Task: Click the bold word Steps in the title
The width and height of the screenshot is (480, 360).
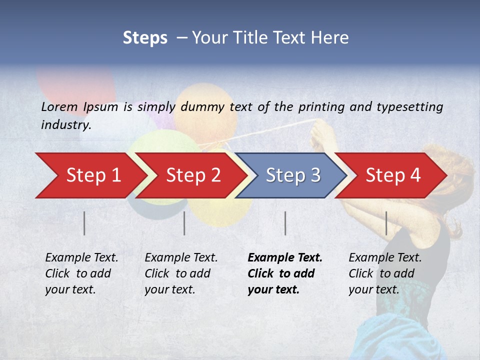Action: (x=145, y=38)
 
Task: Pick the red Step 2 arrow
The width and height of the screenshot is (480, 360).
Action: (x=193, y=175)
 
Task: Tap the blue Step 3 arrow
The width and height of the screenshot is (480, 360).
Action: (x=293, y=175)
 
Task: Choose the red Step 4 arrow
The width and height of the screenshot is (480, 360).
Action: (x=393, y=175)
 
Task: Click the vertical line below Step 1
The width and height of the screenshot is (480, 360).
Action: (x=84, y=223)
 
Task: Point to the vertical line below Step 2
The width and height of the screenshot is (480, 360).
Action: (x=184, y=223)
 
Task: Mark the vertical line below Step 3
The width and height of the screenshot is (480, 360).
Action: (x=285, y=223)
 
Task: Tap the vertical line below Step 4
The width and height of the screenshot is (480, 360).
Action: (x=386, y=223)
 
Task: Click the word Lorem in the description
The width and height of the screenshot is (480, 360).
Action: (x=59, y=106)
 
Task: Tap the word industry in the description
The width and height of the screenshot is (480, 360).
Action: (x=65, y=125)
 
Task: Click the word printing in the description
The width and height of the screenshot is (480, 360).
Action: (x=322, y=107)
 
